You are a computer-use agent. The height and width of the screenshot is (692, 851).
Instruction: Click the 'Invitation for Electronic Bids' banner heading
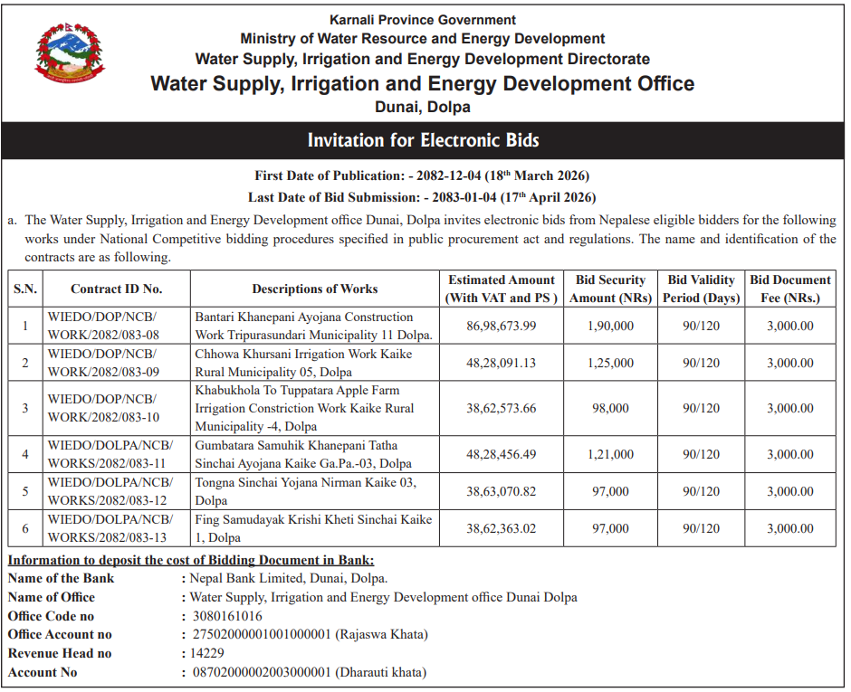(423, 140)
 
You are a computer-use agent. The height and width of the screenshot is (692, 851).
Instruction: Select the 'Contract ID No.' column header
(116, 289)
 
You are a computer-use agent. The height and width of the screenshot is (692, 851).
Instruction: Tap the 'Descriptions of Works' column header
(314, 289)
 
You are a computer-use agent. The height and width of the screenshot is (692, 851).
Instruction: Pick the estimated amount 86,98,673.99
(501, 326)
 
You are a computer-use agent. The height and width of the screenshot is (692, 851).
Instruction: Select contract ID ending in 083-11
(110, 454)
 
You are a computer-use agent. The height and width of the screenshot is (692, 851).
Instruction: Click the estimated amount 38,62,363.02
(501, 528)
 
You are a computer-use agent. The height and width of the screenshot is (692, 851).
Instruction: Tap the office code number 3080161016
(222, 616)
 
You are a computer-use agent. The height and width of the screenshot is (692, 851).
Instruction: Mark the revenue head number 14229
(206, 653)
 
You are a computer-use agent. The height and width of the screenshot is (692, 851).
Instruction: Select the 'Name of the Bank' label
(61, 579)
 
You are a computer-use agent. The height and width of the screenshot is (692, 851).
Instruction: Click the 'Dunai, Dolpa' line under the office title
(423, 107)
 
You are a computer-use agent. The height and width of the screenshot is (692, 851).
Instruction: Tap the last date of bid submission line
(422, 196)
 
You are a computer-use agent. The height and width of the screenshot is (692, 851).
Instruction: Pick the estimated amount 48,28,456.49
(501, 454)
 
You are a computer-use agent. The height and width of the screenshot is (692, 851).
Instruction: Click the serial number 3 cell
(25, 408)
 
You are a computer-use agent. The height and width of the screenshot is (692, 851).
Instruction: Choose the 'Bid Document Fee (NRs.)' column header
(789, 289)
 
